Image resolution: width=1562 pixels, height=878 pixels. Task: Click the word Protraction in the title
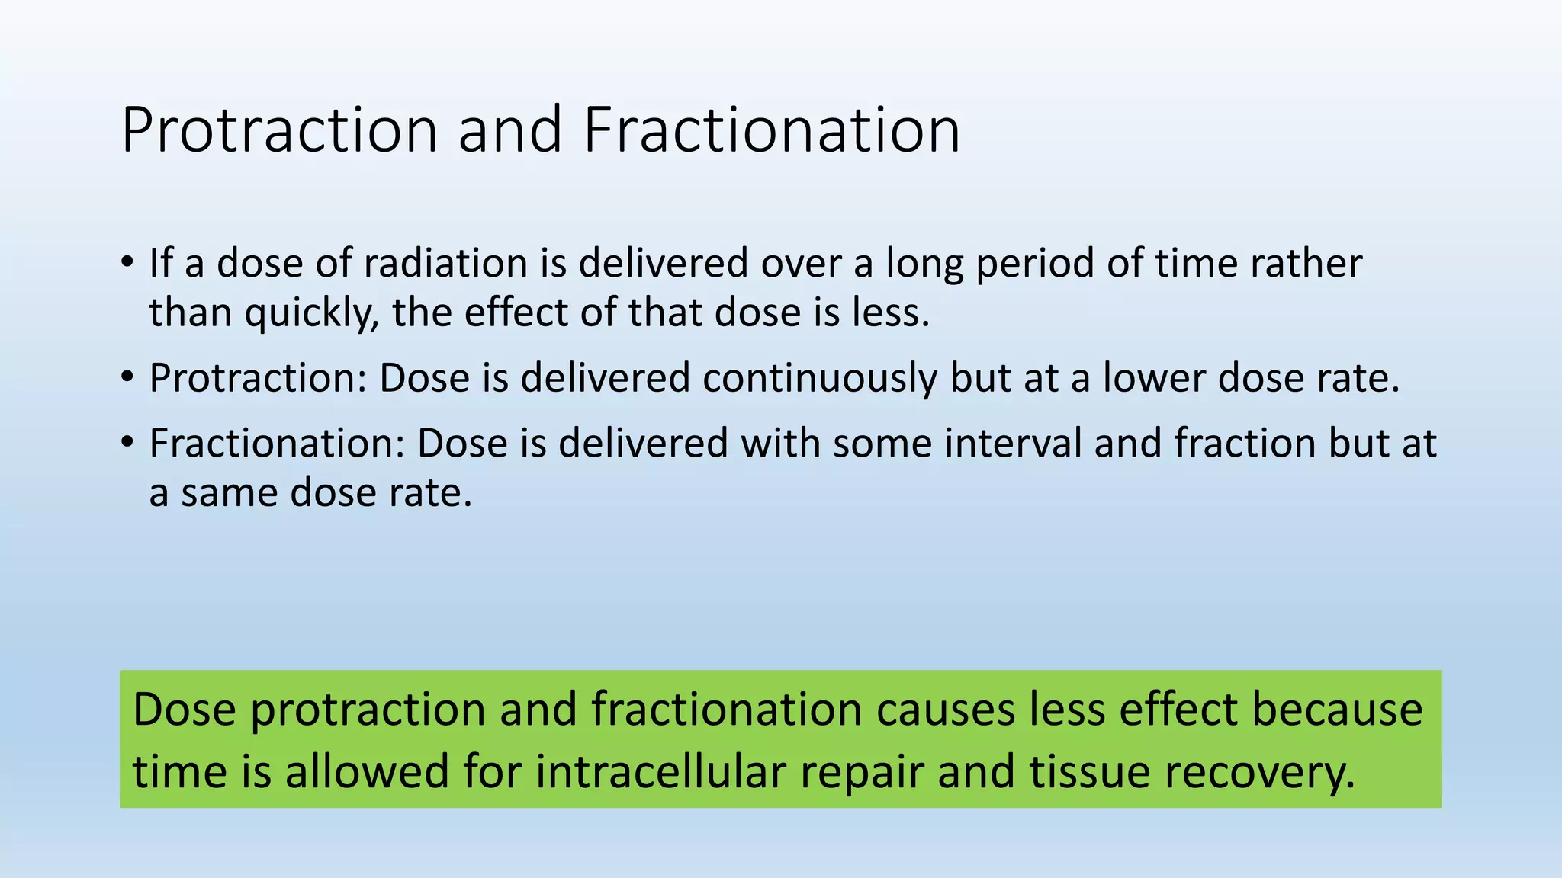(x=279, y=130)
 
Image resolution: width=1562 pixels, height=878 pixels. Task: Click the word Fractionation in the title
(x=771, y=130)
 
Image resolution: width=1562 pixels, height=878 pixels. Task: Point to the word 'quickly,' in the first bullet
(x=311, y=313)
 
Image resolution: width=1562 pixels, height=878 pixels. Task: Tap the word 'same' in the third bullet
(x=230, y=493)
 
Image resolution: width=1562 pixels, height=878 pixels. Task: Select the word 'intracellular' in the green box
(x=660, y=771)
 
